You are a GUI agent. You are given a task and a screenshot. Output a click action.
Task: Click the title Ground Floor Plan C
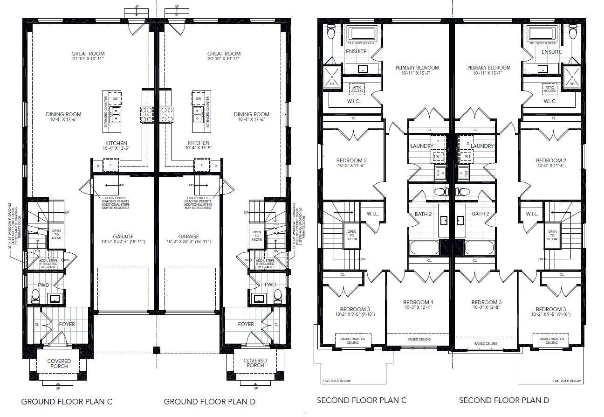[67, 401]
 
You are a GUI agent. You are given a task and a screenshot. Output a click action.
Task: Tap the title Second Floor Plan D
[504, 400]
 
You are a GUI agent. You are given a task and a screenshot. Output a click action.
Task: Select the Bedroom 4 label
[418, 302]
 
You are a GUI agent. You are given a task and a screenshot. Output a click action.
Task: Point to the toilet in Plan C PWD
[36, 295]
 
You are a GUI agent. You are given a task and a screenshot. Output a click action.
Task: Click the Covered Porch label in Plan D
[255, 363]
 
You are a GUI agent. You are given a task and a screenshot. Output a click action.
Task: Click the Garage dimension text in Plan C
[117, 242]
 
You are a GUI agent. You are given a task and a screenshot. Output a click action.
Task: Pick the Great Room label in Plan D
[224, 54]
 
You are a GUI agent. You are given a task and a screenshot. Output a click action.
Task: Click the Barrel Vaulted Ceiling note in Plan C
[352, 341]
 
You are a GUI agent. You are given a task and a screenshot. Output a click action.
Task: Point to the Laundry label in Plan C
[422, 146]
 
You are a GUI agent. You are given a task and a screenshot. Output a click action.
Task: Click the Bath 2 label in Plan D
[480, 214]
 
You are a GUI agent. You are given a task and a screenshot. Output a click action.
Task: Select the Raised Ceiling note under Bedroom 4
[419, 340]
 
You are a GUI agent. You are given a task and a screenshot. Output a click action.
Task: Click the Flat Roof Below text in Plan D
[567, 381]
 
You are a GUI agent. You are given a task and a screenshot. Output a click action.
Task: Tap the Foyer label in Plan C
[67, 324]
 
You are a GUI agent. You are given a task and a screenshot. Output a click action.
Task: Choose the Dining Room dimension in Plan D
[252, 119]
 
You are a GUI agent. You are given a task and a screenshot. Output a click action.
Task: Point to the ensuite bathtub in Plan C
[363, 33]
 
